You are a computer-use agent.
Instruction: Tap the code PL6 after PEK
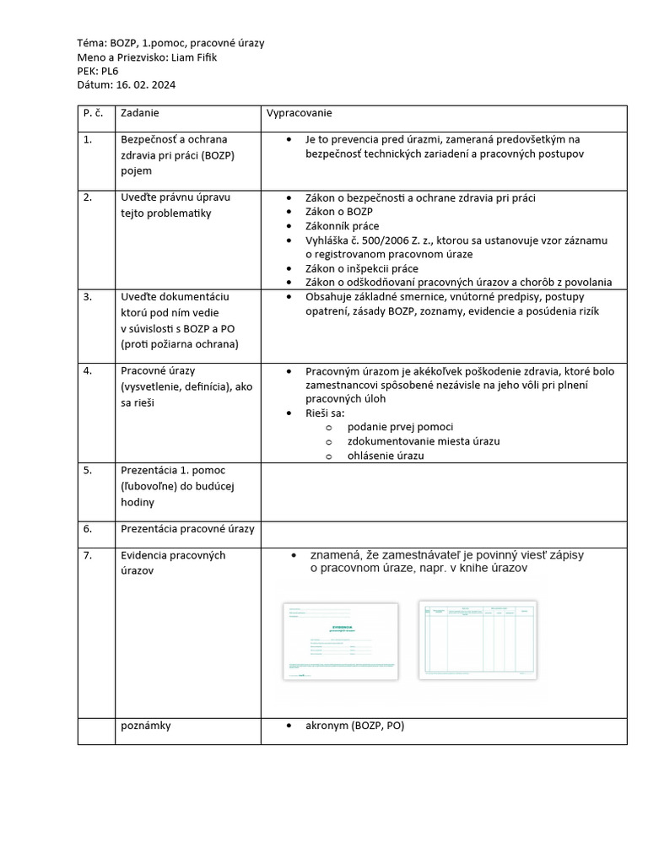[x=110, y=71]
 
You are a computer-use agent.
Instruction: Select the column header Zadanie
[x=140, y=112]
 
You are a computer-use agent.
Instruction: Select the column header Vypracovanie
[x=300, y=112]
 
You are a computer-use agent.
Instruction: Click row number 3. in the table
[x=88, y=297]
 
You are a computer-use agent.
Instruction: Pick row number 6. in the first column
[x=88, y=529]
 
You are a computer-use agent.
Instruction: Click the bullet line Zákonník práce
[x=342, y=226]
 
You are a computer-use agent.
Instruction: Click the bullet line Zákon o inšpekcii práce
[x=363, y=268]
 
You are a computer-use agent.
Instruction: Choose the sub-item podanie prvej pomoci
[x=400, y=427]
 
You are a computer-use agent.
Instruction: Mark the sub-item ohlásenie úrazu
[x=385, y=456]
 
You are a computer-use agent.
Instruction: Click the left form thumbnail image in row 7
[x=341, y=640]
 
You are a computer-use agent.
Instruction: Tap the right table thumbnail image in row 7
[x=477, y=638]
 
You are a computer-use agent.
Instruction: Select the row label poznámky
[x=146, y=725]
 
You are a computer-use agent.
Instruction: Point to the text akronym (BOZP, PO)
[x=354, y=725]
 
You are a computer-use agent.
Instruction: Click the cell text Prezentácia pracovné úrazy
[x=187, y=529]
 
